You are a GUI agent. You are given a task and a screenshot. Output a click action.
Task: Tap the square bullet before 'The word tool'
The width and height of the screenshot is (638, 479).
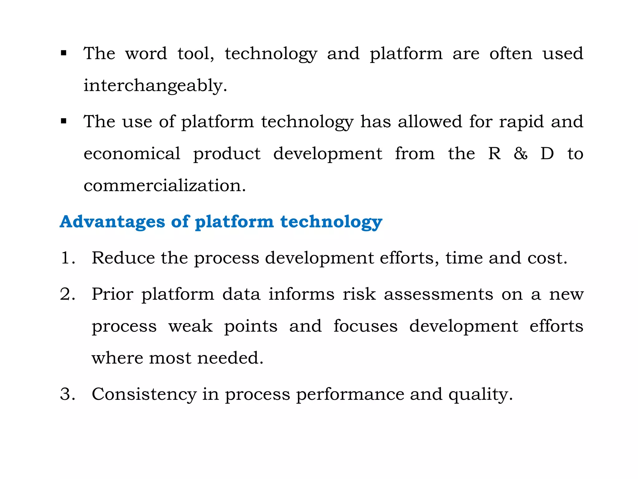[64, 53]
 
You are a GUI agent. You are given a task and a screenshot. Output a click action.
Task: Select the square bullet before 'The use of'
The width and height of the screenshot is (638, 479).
[64, 121]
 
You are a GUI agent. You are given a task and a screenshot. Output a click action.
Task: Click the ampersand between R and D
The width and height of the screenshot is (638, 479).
[521, 153]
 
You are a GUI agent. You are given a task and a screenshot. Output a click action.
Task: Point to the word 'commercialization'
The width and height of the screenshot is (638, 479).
[164, 186]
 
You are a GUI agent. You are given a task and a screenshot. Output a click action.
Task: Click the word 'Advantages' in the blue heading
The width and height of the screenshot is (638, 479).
[112, 222]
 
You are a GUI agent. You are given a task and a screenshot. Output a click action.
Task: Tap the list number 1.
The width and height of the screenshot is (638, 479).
[67, 258]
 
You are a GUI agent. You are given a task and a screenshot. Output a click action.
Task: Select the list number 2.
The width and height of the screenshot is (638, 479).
[67, 294]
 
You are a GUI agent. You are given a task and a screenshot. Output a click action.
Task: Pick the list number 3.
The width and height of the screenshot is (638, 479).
[67, 394]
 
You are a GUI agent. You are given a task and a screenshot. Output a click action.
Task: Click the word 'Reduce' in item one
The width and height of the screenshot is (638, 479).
[123, 258]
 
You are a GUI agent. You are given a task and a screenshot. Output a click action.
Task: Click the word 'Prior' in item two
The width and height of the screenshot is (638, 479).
[112, 294]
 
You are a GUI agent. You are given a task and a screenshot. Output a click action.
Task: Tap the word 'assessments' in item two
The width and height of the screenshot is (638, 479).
[438, 294]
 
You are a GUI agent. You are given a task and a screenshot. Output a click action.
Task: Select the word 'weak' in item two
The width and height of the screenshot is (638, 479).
[191, 327]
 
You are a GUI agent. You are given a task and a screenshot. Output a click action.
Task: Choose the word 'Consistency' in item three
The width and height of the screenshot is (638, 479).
[144, 394]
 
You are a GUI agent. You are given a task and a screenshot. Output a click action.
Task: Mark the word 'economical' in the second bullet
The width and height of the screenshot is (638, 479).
[132, 153]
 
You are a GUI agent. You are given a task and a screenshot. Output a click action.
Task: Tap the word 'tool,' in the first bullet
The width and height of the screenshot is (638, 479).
[196, 53]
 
